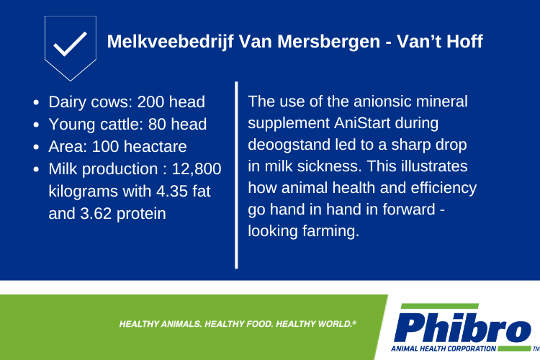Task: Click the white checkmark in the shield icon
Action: tap(71, 44)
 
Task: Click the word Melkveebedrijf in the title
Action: tap(171, 42)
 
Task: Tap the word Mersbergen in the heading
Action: tap(328, 42)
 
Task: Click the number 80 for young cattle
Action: tap(157, 125)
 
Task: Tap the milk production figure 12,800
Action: tap(197, 169)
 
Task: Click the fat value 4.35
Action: tap(171, 192)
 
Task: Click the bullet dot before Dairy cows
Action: tap(36, 102)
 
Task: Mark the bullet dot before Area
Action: tap(36, 147)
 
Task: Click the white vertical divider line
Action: tap(236, 175)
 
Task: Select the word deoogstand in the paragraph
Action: tap(289, 145)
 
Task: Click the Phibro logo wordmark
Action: tap(462, 328)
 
